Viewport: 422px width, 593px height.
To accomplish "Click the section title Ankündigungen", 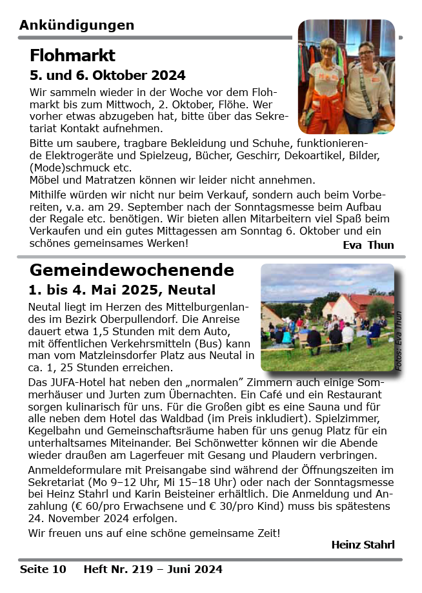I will (77, 25).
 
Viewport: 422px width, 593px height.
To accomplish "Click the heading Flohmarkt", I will (72, 55).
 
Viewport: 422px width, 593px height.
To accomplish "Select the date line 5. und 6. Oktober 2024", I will (107, 75).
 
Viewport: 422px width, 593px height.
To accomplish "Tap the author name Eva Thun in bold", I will (368, 245).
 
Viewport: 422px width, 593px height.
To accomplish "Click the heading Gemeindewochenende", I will (132, 269).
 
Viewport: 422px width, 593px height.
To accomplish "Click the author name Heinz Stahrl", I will (362, 545).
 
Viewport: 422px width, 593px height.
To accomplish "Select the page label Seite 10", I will (43, 569).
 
